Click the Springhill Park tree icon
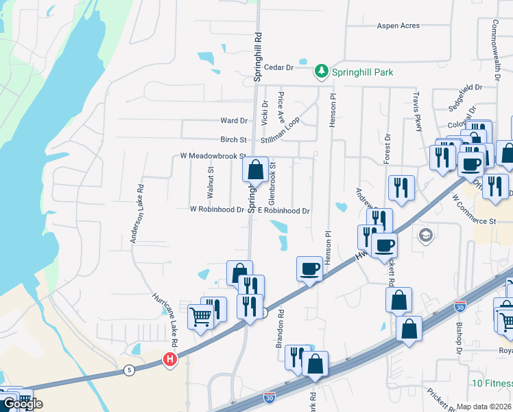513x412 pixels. pyautogui.click(x=321, y=71)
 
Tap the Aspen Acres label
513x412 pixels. pyautogui.click(x=398, y=26)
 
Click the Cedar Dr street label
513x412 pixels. pyautogui.click(x=280, y=68)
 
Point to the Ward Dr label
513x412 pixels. pyautogui.click(x=233, y=121)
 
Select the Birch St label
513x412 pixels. pyautogui.click(x=233, y=139)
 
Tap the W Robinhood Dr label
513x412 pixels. pyautogui.click(x=217, y=209)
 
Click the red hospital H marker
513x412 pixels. pyautogui.click(x=169, y=359)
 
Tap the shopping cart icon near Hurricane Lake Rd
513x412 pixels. pyautogui.click(x=200, y=317)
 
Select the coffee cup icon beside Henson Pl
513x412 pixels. pyautogui.click(x=309, y=268)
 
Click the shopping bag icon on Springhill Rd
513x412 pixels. pyautogui.click(x=255, y=168)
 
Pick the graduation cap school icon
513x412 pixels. pyautogui.click(x=426, y=236)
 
